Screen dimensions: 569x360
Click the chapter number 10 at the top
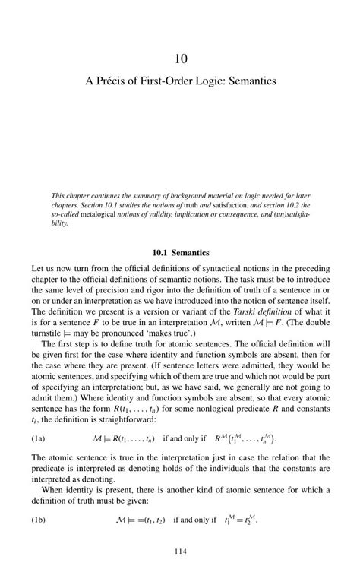pos(180,58)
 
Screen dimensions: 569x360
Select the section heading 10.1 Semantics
pos(180,252)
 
